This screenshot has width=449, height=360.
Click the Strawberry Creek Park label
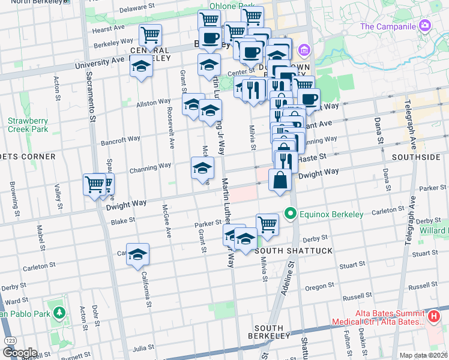[28, 125]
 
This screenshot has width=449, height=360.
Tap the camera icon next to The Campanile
[425, 25]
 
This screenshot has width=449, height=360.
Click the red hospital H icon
[435, 316]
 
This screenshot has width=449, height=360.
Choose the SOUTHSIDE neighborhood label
[415, 157]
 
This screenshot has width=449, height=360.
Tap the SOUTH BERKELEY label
[268, 332]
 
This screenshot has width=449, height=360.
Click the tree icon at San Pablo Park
[59, 313]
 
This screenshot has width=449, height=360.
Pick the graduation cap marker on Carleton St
[137, 254]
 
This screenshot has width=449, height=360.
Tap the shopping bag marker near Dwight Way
[280, 180]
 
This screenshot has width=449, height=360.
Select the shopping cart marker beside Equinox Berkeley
[267, 224]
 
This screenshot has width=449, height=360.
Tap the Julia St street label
[143, 347]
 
